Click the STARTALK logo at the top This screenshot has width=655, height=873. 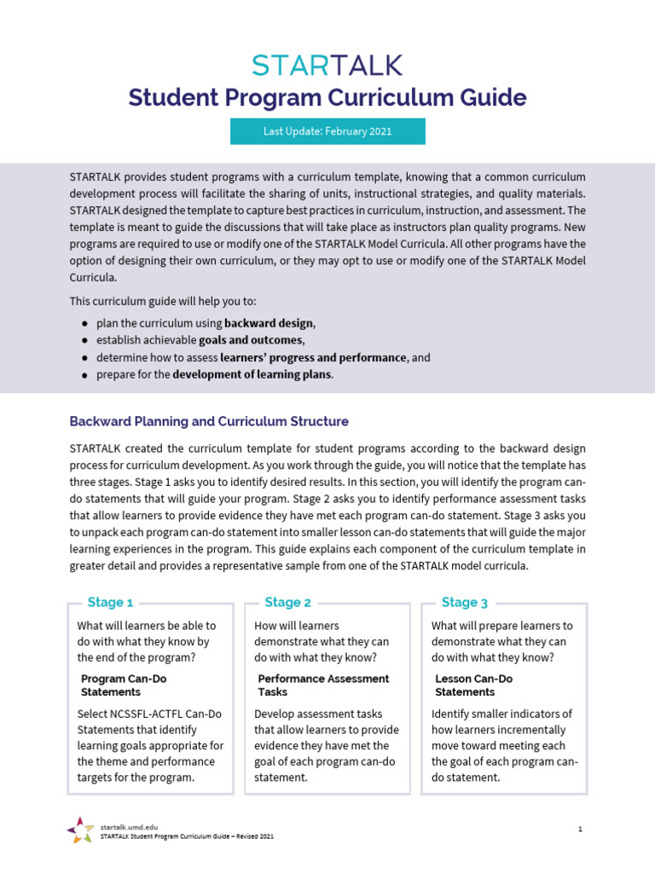[327, 65]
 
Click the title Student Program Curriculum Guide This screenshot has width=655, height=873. [327, 97]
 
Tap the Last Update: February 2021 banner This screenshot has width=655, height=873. [327, 131]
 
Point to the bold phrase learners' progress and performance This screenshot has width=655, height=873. [313, 357]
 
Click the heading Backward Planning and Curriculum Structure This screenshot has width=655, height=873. [209, 421]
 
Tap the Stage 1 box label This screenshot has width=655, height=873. [110, 602]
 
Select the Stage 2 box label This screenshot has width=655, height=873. [287, 602]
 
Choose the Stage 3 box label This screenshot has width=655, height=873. [465, 602]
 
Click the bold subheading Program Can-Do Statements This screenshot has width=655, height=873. [124, 685]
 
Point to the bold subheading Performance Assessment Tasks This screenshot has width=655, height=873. [323, 685]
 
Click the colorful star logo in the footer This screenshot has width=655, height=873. [80, 829]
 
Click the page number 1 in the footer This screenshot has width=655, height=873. [579, 829]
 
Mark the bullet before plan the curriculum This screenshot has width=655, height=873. [84, 324]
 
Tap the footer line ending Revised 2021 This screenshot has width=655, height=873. [187, 836]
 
